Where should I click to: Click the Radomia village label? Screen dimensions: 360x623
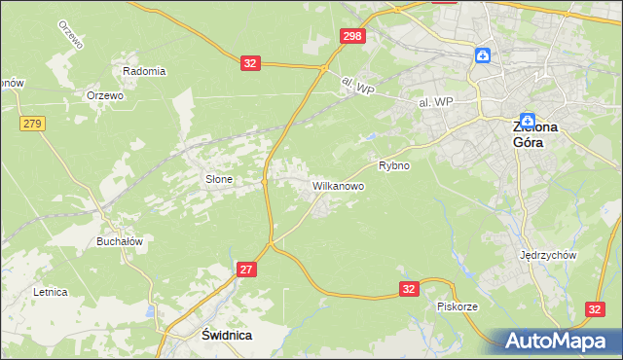click(x=144, y=71)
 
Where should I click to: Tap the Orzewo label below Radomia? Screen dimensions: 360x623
click(x=104, y=95)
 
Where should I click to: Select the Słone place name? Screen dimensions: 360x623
click(x=217, y=179)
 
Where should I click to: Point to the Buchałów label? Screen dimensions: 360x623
click(x=120, y=241)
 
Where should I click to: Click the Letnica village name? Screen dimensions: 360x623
click(x=50, y=291)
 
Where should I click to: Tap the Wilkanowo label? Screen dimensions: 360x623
click(x=338, y=184)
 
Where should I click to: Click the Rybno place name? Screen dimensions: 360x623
click(x=394, y=165)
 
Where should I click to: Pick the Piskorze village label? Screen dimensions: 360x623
click(x=457, y=306)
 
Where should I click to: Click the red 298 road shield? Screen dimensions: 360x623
click(x=352, y=36)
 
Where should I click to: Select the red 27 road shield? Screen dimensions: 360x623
click(x=246, y=270)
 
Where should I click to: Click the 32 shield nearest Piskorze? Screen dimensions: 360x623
click(x=410, y=288)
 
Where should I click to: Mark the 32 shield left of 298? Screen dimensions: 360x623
click(x=251, y=63)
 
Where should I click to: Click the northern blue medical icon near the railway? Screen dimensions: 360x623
click(x=483, y=54)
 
